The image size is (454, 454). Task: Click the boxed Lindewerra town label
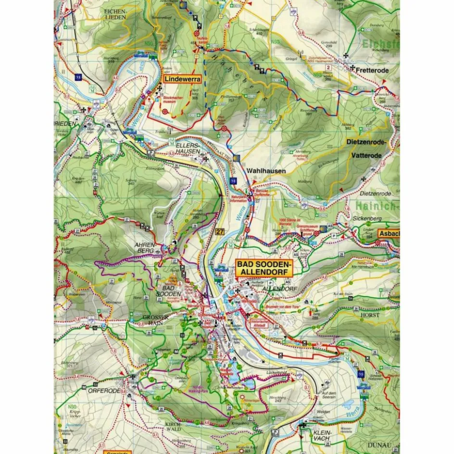[x=182, y=79]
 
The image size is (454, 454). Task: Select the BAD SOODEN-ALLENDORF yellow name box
[x=263, y=268]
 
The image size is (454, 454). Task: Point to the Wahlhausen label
[x=266, y=171]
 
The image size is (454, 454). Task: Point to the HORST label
[x=369, y=315]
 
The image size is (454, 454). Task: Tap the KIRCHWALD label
[x=172, y=427]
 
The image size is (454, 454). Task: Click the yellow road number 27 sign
[x=220, y=232]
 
